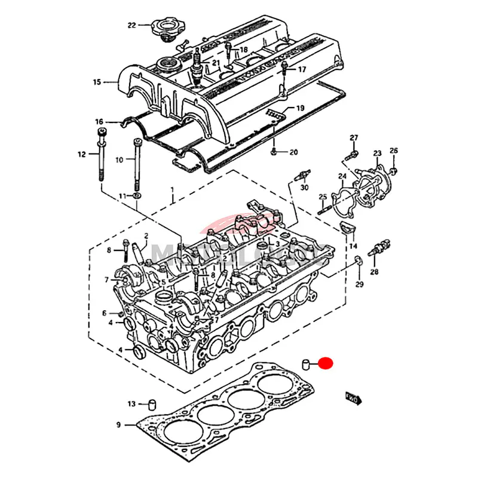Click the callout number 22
131,25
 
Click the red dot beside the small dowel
326,363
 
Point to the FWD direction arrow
353,397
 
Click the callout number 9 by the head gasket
118,425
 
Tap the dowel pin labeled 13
152,404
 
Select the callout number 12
82,155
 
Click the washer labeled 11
138,195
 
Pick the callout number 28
374,272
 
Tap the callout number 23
377,154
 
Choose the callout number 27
354,138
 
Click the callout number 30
304,188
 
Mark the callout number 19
301,108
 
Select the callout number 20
293,152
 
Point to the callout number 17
302,69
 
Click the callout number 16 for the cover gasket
99,122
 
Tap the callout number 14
353,246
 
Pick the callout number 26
393,150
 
